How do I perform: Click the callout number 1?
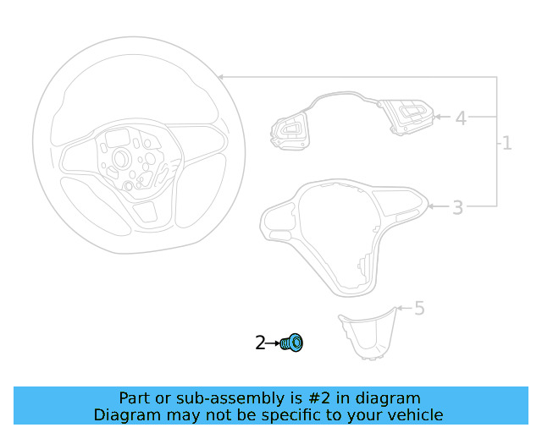point(507,143)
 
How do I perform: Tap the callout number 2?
point(260,343)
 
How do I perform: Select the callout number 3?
point(457,207)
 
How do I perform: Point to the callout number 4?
point(461,118)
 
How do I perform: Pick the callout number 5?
point(419,308)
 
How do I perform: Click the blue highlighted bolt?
point(292,343)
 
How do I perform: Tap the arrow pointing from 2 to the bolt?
point(273,343)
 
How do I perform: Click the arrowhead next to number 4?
point(437,117)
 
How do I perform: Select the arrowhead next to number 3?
point(431,206)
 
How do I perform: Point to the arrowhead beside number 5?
point(400,308)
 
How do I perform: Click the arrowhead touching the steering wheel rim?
point(221,77)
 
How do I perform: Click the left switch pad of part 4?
point(290,130)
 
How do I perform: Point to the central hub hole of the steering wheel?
point(121,158)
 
